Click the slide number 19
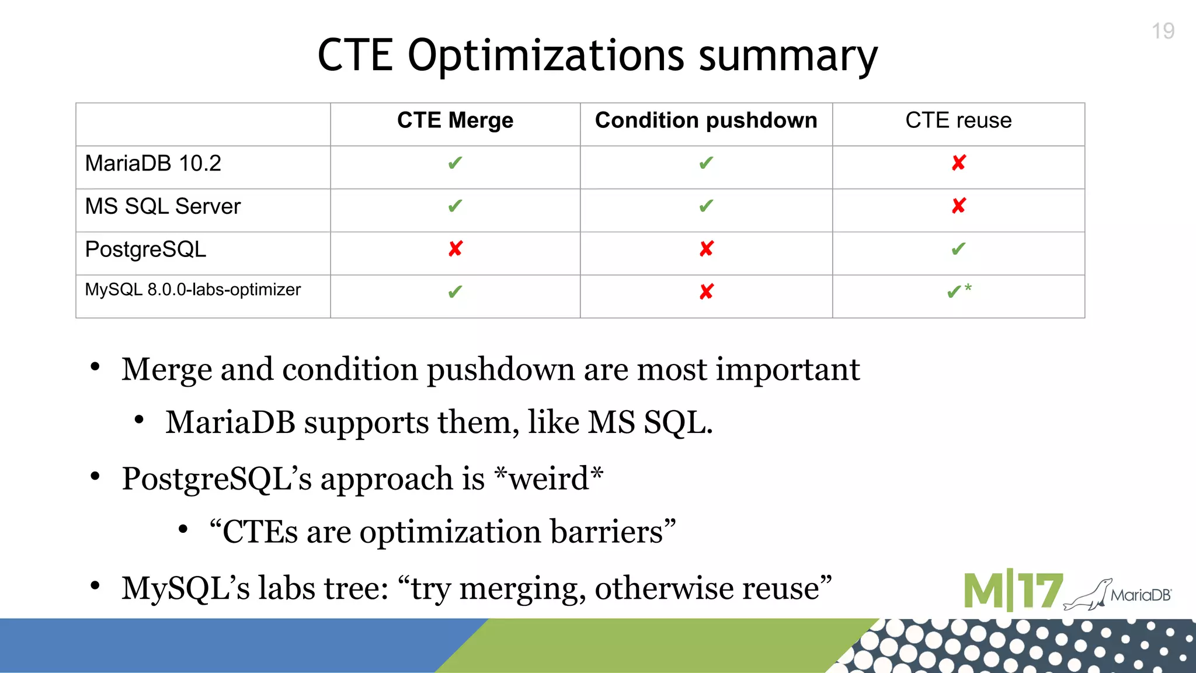click(x=1163, y=31)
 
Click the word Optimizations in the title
click(x=545, y=55)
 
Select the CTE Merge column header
click(x=455, y=120)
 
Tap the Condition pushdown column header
click(x=705, y=120)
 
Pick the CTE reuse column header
click(x=958, y=120)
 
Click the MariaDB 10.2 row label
click(x=153, y=164)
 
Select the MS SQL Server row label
click(x=163, y=206)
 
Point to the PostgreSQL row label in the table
click(x=145, y=249)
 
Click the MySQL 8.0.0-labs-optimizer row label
click(x=193, y=290)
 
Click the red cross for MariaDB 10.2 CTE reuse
click(x=958, y=162)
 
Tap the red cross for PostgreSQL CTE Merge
click(x=456, y=249)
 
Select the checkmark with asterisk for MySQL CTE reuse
click(x=958, y=291)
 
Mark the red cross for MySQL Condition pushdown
click(x=706, y=292)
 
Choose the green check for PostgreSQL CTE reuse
click(x=958, y=249)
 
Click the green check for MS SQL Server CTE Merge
click(x=455, y=206)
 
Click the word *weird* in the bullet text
click(x=548, y=478)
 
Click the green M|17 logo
click(x=1013, y=591)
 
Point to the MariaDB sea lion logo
click(x=1117, y=595)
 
